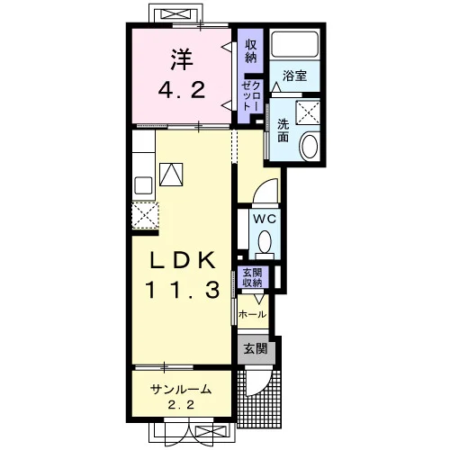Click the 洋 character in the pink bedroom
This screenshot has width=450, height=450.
coord(182,59)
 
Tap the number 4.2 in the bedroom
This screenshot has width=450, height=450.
coord(182,90)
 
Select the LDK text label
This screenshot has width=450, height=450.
coord(183,260)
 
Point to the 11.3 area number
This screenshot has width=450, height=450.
coord(183,290)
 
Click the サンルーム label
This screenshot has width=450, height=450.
coord(181,389)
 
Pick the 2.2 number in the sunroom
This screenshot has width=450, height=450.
coord(181,405)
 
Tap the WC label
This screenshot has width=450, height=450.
coord(265,219)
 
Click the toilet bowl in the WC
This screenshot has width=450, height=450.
coord(265,242)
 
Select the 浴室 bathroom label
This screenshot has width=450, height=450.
coord(294,76)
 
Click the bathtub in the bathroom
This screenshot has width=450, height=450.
coord(295,44)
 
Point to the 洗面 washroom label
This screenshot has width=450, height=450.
coord(283,130)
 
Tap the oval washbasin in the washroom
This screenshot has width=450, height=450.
coord(310,147)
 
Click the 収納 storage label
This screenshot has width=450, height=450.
coord(251,51)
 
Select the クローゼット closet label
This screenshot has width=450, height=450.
coord(251,95)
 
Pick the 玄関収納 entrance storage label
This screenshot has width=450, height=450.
coord(252,278)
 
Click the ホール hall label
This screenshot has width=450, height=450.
coord(252,315)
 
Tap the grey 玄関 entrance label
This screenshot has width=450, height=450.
coord(256,348)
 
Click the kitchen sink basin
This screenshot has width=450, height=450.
coord(143,185)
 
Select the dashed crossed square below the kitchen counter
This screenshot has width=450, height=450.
coord(145,216)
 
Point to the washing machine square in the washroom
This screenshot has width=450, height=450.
coord(308,112)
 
